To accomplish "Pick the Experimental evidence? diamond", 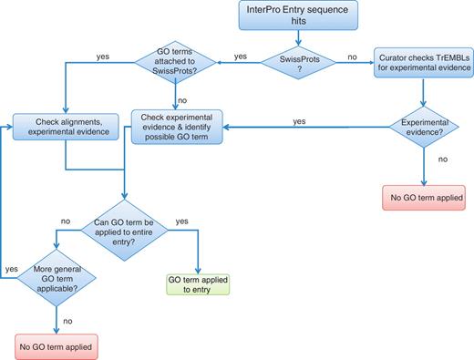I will (422, 131).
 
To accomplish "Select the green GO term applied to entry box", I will (195, 283).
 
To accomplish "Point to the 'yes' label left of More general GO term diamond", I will (12, 269).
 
